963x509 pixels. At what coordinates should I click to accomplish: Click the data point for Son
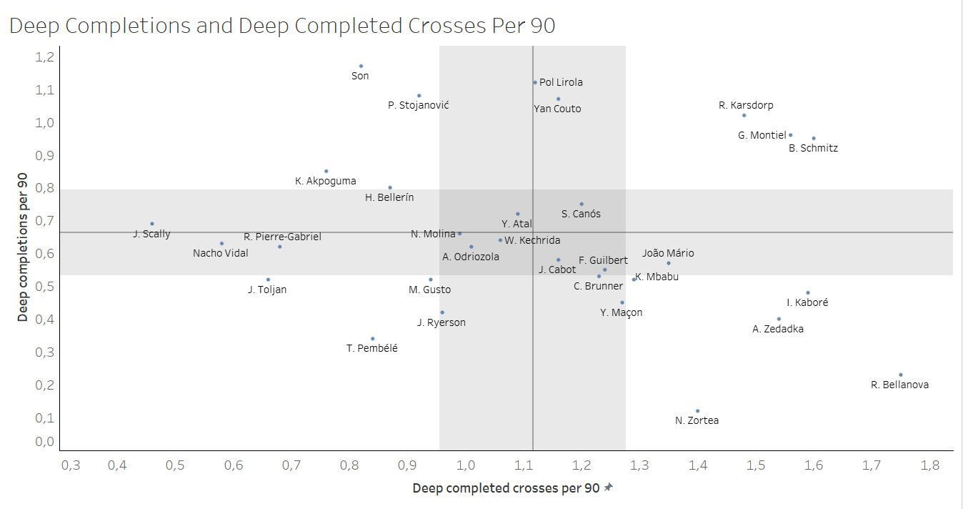point(361,66)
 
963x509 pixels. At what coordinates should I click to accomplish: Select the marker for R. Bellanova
point(900,375)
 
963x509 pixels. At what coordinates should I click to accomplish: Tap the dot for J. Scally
point(152,224)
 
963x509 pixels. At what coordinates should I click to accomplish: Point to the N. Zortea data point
point(697,411)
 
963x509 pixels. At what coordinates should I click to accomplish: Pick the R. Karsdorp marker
point(744,115)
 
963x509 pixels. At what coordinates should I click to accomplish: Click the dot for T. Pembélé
point(372,339)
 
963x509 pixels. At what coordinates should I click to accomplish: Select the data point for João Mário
point(668,263)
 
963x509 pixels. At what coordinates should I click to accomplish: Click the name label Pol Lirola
point(561,82)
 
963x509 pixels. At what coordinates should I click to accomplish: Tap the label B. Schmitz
point(813,149)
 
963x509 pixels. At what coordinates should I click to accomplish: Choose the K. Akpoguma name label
point(325,182)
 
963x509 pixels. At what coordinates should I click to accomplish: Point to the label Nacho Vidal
point(221,253)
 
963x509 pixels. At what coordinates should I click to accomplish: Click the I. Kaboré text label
point(807,302)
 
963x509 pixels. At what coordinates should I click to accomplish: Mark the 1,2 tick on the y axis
point(44,57)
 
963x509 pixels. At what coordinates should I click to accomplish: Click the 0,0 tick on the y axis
point(44,442)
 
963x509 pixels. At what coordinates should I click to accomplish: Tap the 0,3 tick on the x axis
point(70,466)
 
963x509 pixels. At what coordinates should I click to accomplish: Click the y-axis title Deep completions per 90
point(23,247)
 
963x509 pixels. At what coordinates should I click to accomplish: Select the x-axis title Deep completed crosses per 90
point(506,488)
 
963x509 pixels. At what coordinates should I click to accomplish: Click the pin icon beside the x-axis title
point(608,488)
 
